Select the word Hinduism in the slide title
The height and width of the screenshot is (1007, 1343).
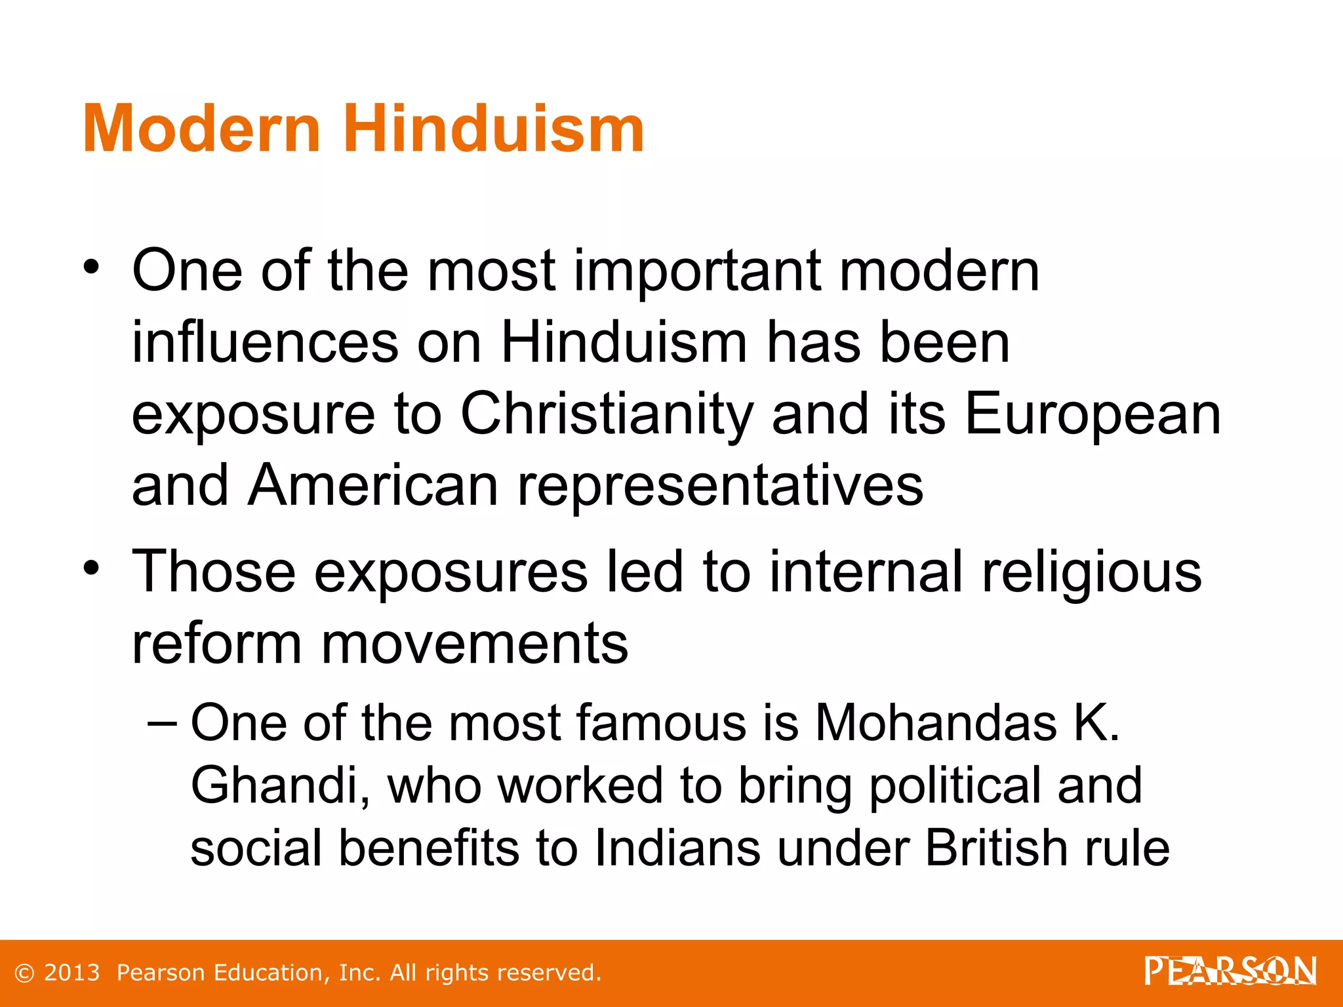pos(493,129)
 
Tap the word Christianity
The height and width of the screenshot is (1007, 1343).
pos(607,414)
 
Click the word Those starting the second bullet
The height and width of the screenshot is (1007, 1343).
pos(214,572)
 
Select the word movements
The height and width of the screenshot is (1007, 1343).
pos(474,644)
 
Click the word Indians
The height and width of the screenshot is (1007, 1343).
pos(677,848)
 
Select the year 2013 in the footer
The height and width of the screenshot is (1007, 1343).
pos(71,973)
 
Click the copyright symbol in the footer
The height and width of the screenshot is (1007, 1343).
pos(24,973)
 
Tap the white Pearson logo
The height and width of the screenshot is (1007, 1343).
pos(1230,971)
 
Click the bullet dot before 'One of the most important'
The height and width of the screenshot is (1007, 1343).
pos(91,267)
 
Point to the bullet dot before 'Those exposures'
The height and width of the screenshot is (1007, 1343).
pos(91,567)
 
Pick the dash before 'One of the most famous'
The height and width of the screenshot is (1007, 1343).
pos(162,723)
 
